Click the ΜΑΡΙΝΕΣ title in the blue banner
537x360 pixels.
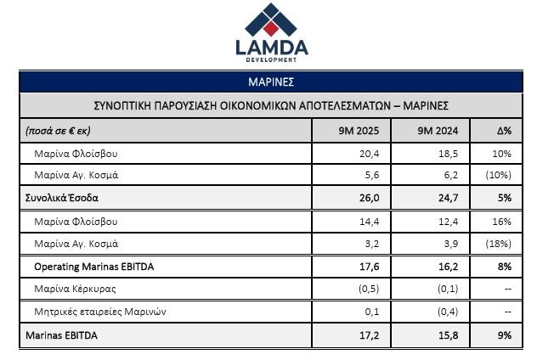pyautogui.click(x=270, y=82)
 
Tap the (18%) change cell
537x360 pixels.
pyautogui.click(x=501, y=244)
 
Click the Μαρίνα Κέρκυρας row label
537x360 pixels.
pyautogui.click(x=76, y=290)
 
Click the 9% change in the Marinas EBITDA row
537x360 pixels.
pyautogui.click(x=504, y=335)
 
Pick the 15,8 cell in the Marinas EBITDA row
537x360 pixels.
pyautogui.click(x=440, y=335)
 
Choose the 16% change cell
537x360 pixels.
pyautogui.click(x=502, y=222)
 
